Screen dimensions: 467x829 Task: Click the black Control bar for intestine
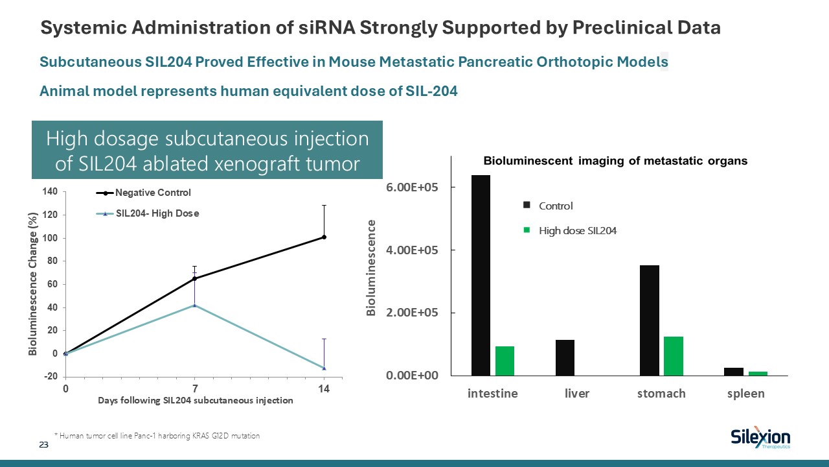pyautogui.click(x=481, y=275)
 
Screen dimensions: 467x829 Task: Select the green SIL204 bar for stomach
pyautogui.click(x=674, y=355)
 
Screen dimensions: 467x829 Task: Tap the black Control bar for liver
pyautogui.click(x=565, y=357)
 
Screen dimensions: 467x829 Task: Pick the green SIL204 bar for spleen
pyautogui.click(x=758, y=373)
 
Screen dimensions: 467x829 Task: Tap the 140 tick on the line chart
pyautogui.click(x=50, y=191)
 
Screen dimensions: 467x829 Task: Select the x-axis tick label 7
pyautogui.click(x=194, y=389)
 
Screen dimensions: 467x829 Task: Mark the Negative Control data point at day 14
pyautogui.click(x=324, y=237)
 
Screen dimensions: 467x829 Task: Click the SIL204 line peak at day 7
pyautogui.click(x=194, y=305)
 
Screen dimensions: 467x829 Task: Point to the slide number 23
pyautogui.click(x=44, y=445)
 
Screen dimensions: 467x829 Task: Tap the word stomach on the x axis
pyautogui.click(x=661, y=394)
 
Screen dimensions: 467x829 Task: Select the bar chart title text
pyautogui.click(x=616, y=162)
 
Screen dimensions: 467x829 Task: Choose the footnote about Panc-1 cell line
pyautogui.click(x=157, y=436)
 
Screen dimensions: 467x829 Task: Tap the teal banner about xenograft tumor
pyautogui.click(x=207, y=150)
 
